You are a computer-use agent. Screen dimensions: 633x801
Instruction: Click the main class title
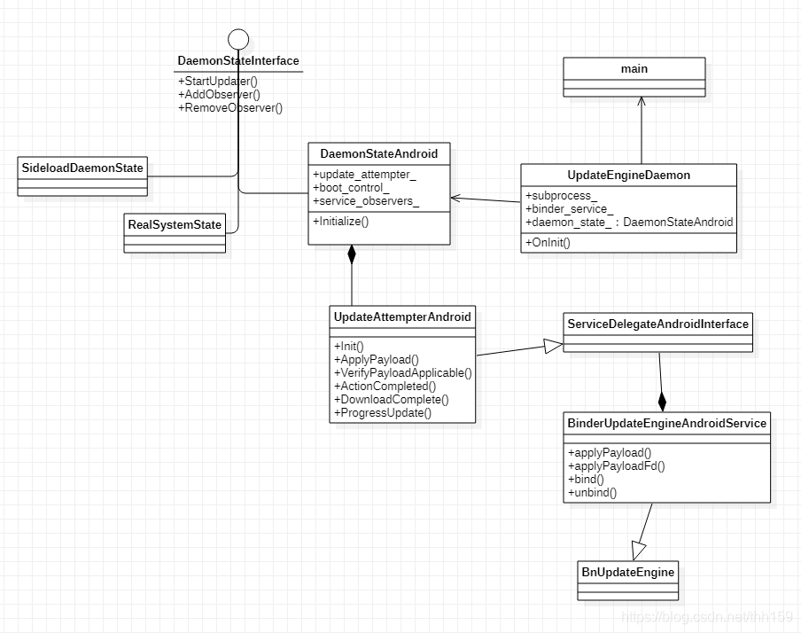[x=634, y=68]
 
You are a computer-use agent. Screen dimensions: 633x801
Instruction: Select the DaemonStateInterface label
[x=238, y=61]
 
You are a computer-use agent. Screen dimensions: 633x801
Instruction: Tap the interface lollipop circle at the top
[x=238, y=38]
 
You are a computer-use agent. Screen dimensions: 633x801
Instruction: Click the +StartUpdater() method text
[x=218, y=82]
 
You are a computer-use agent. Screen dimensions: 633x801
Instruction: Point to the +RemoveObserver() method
[x=230, y=108]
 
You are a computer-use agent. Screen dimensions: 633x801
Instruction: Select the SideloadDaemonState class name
[x=82, y=168]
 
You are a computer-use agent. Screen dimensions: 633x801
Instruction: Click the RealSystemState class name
[x=175, y=223]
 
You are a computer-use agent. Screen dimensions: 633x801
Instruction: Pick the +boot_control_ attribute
[x=351, y=188]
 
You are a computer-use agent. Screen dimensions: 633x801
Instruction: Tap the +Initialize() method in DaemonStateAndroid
[x=340, y=221]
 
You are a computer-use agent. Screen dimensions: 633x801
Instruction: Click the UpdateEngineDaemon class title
[x=628, y=176]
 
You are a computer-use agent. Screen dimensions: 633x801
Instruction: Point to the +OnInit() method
[x=548, y=242]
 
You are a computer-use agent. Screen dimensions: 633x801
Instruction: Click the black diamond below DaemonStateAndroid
[x=352, y=255]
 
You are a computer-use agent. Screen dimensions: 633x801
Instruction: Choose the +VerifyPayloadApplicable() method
[x=403, y=372]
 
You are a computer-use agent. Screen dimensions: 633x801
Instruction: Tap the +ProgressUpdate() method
[x=383, y=412]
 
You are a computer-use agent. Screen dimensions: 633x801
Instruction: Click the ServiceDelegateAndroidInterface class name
[x=657, y=324]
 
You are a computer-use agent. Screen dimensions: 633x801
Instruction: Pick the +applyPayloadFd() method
[x=616, y=465]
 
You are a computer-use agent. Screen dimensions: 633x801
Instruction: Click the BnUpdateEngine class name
[x=628, y=572]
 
